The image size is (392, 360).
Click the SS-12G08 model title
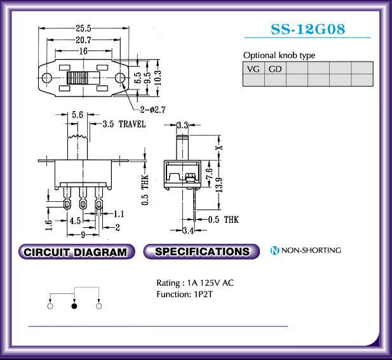coord(308,29)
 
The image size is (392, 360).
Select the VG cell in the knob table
coord(253,69)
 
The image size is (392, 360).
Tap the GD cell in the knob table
coord(275,69)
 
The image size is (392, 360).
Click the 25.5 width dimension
coord(84,28)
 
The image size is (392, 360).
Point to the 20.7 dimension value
coord(84,40)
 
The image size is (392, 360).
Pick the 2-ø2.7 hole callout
coord(152,109)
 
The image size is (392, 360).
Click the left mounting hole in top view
coord(47,77)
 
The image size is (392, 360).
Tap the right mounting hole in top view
coord(120,77)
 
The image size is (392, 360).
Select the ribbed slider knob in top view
coord(78,77)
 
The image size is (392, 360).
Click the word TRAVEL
coord(132,124)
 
